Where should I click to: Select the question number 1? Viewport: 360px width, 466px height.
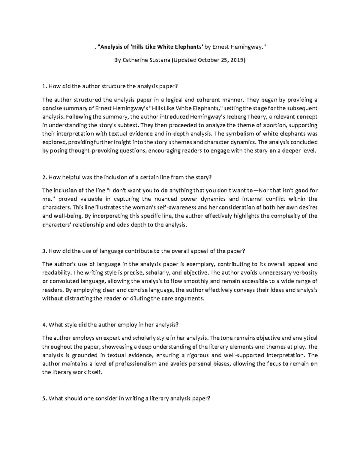44,87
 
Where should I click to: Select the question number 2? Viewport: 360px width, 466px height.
44,177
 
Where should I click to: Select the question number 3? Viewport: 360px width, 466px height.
44,251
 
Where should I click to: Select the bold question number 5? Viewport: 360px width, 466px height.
44,399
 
